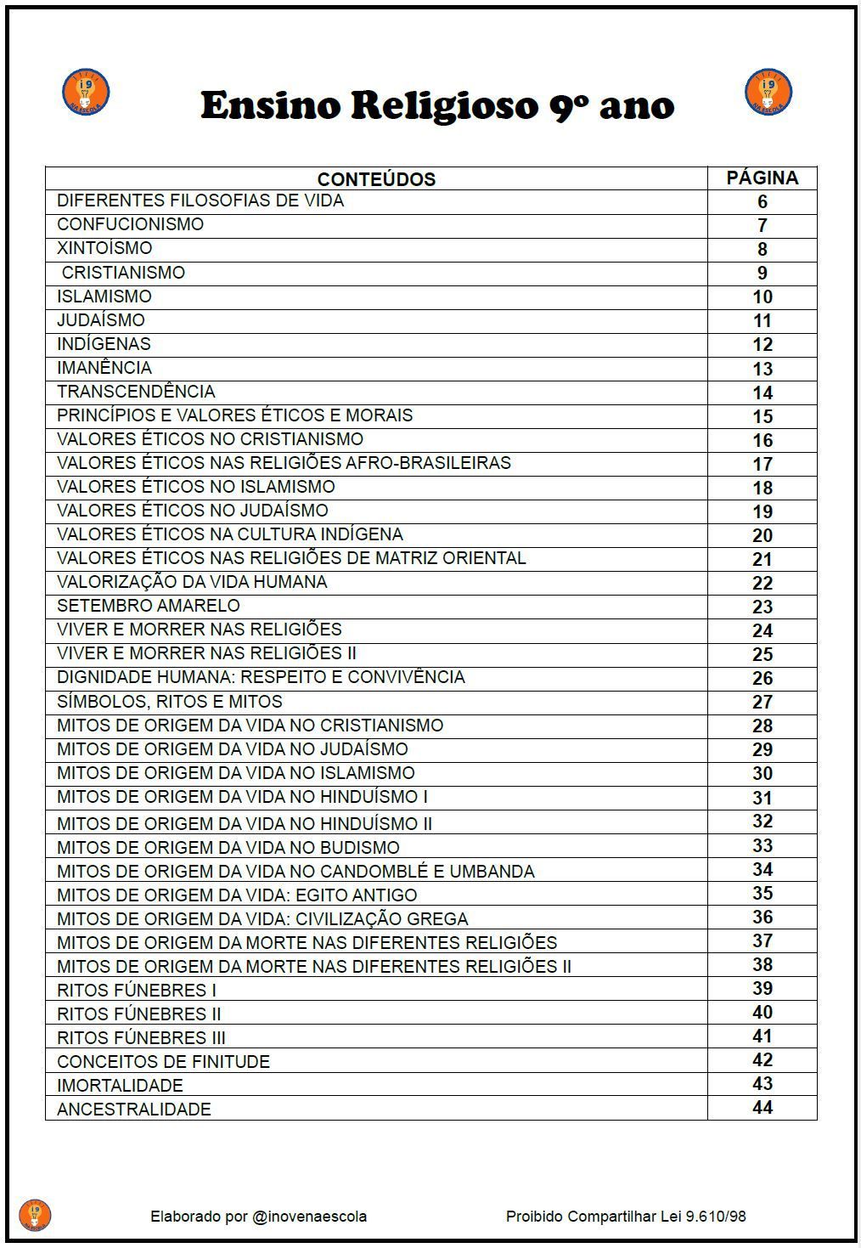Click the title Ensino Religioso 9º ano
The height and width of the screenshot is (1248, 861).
click(437, 106)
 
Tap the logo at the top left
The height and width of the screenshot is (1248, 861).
click(86, 93)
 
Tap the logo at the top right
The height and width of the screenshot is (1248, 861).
click(768, 93)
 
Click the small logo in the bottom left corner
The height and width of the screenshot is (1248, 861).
click(35, 1215)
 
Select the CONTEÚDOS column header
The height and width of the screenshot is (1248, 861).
click(376, 179)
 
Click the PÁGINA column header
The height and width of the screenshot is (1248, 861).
click(762, 178)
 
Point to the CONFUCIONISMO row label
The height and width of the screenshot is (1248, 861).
click(130, 224)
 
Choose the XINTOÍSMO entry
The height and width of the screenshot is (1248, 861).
click(104, 248)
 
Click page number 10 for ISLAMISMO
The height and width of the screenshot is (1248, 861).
click(762, 296)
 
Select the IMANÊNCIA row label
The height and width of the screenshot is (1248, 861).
click(104, 368)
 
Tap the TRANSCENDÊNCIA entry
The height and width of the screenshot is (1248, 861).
click(136, 392)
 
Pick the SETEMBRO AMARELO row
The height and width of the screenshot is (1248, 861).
click(149, 606)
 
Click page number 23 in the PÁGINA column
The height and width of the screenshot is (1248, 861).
click(762, 607)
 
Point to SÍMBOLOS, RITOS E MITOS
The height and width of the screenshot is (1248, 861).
click(170, 702)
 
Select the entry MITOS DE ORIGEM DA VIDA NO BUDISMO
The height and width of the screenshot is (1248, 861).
click(228, 848)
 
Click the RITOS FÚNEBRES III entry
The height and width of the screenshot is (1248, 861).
click(141, 1038)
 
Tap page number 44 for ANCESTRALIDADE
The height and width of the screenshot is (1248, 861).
click(762, 1108)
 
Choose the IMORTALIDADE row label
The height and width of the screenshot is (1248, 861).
click(120, 1086)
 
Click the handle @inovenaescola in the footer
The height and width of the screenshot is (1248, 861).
click(309, 1217)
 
